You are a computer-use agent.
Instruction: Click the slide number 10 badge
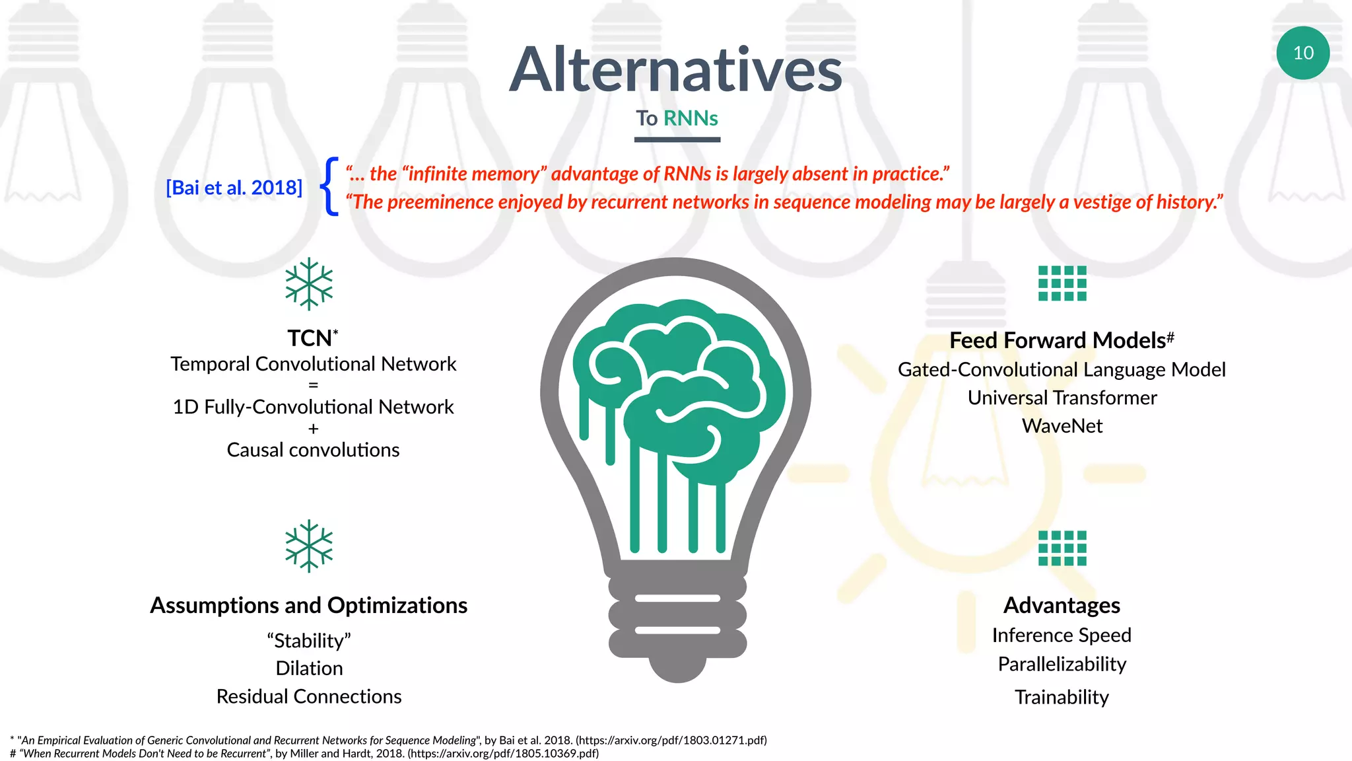(1302, 53)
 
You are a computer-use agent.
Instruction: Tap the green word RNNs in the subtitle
(691, 118)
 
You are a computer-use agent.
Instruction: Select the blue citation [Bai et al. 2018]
(234, 188)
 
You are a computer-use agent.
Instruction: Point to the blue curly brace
(329, 186)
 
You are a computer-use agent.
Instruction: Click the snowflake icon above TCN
(309, 285)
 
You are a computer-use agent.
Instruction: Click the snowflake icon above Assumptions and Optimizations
(309, 546)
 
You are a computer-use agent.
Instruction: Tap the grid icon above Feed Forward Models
(1062, 283)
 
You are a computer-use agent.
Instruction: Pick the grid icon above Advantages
(1062, 548)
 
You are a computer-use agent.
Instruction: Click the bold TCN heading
(310, 338)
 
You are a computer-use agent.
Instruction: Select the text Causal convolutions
(313, 450)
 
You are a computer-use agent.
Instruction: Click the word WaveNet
(1062, 426)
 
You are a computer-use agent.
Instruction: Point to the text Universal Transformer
(1062, 398)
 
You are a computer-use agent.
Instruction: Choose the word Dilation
(309, 669)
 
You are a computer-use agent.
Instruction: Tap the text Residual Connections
(309, 696)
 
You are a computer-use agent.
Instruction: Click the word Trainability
(1062, 697)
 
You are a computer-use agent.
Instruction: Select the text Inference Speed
(1062, 635)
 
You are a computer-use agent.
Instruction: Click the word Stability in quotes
(309, 641)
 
